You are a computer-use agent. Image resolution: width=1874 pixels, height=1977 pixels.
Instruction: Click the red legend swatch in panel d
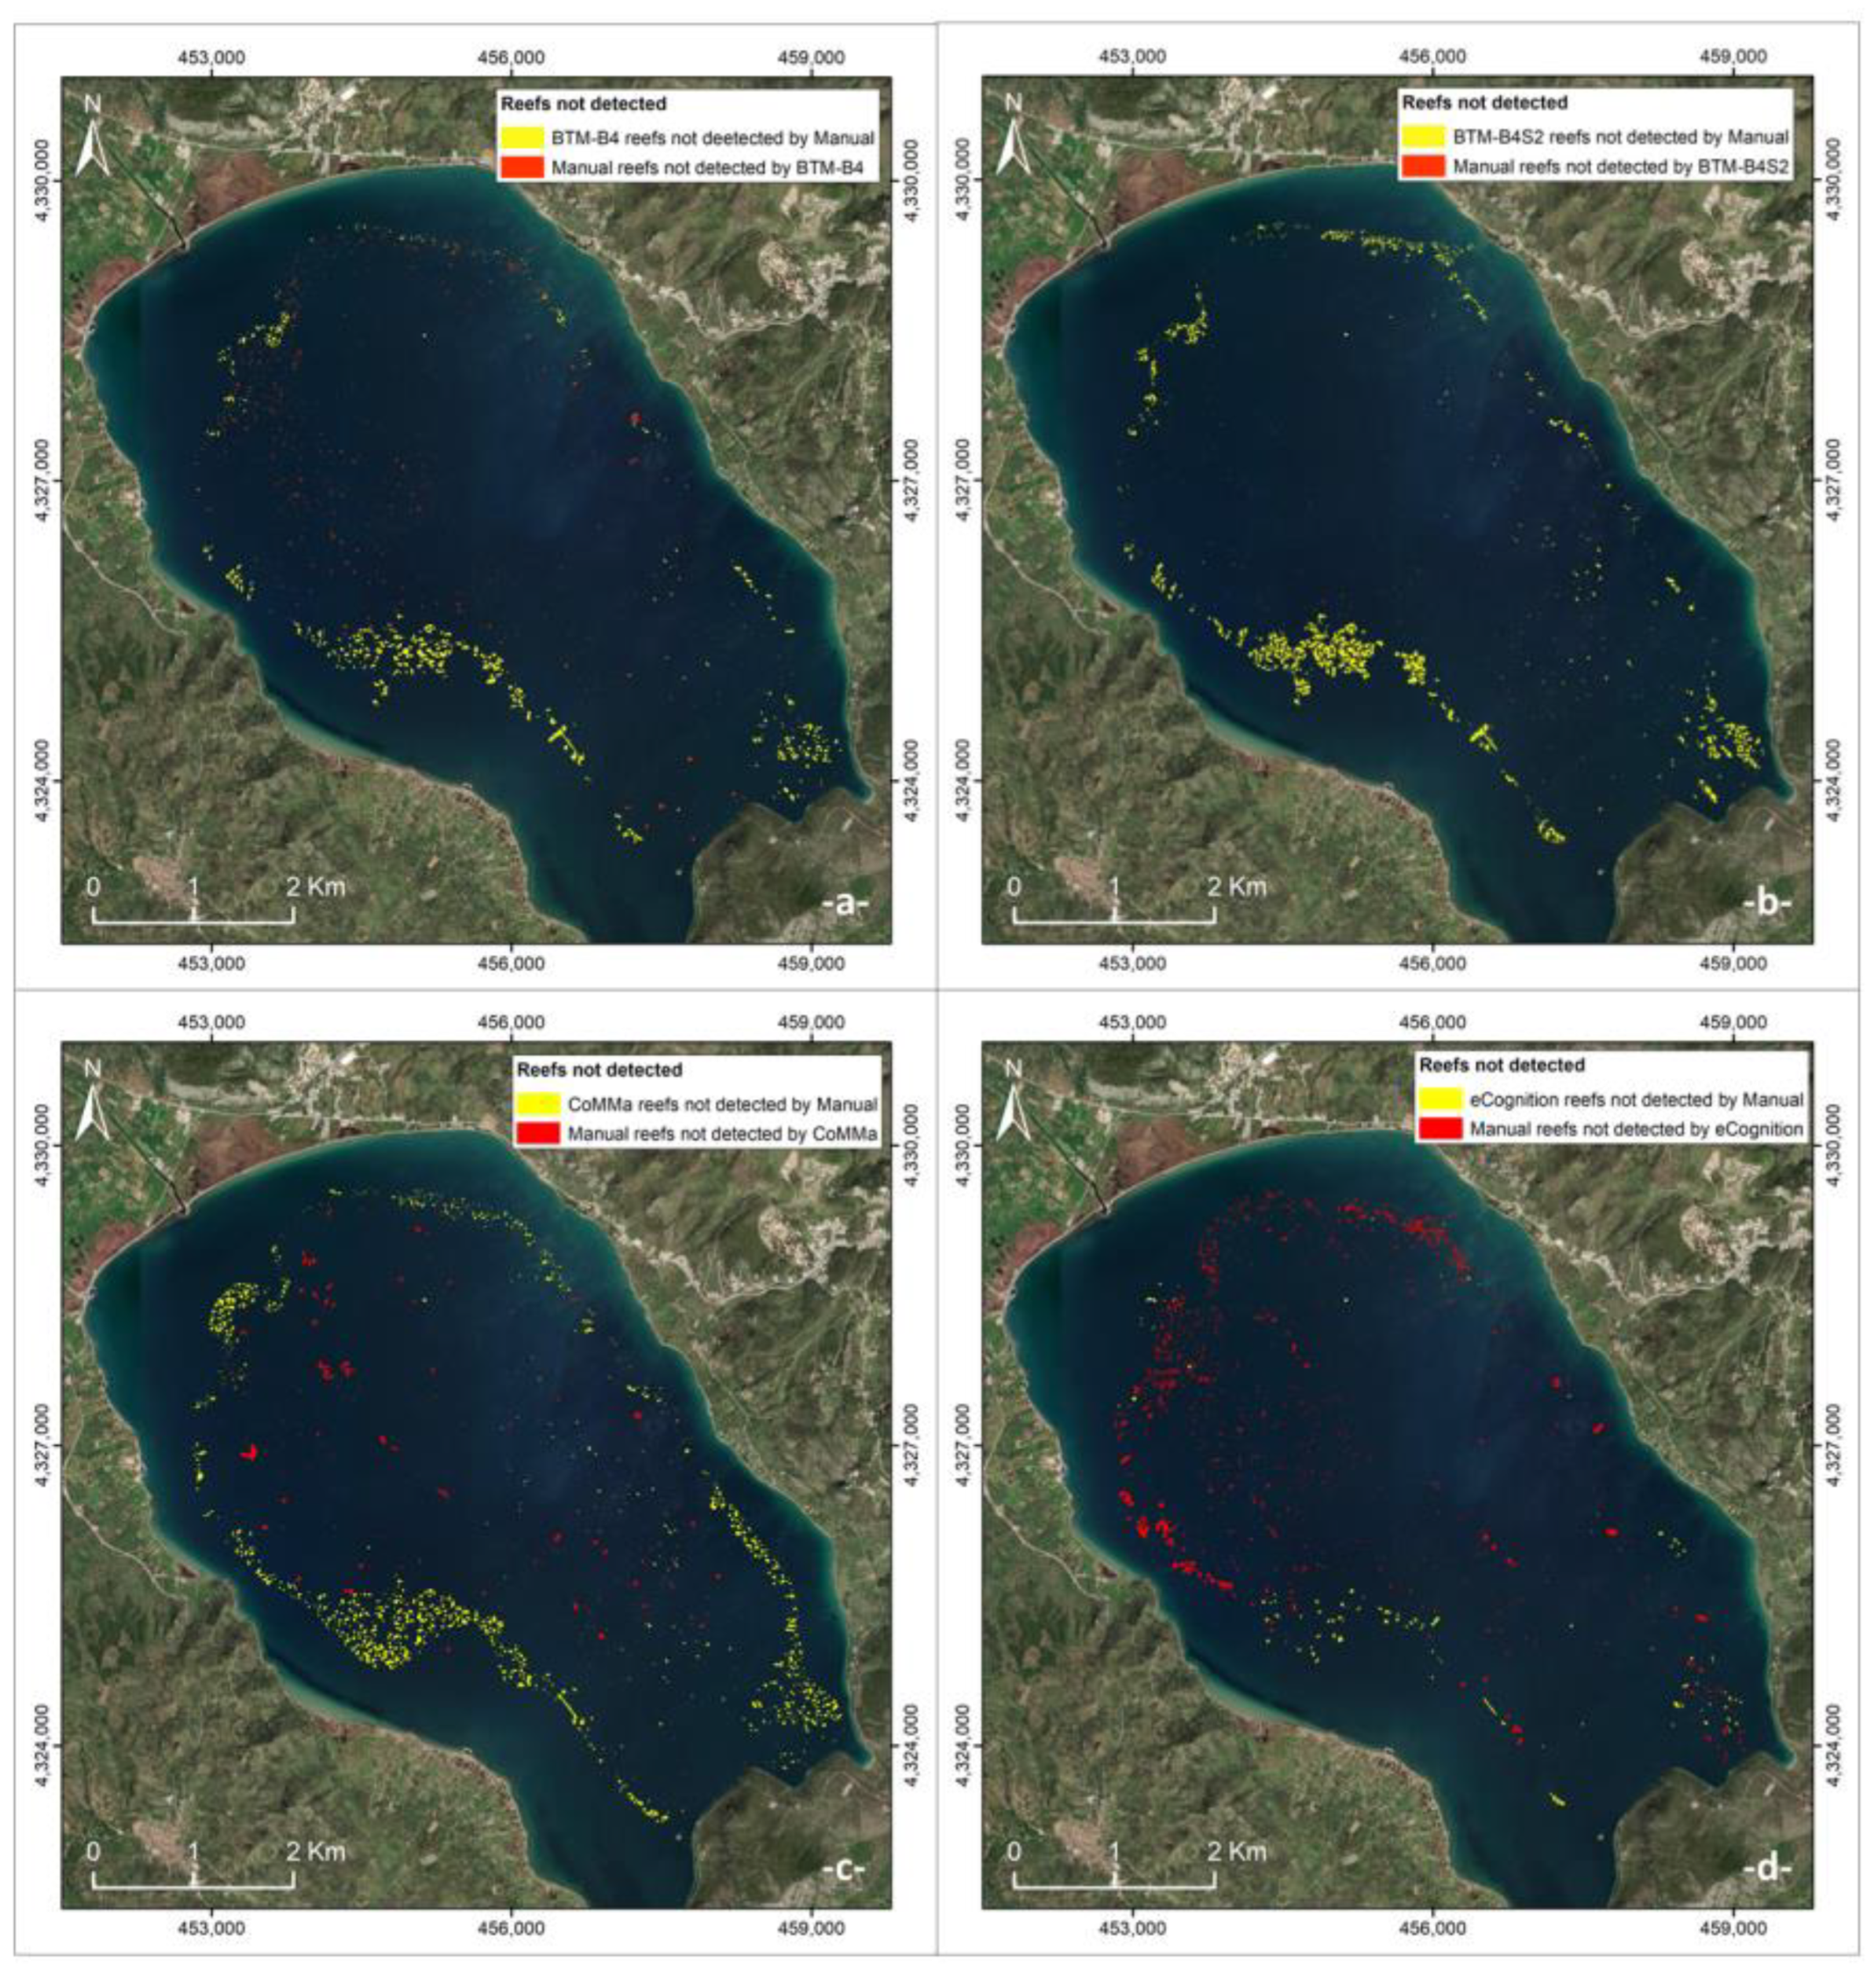(x=1440, y=1130)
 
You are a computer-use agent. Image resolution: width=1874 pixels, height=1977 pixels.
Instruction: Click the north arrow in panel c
(x=92, y=1096)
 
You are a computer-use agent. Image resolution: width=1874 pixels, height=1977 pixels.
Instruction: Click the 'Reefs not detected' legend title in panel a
(x=583, y=104)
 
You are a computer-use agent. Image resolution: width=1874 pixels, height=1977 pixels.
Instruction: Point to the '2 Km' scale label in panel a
(x=317, y=886)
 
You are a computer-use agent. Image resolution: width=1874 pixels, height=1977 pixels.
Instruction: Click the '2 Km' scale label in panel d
(x=1238, y=1851)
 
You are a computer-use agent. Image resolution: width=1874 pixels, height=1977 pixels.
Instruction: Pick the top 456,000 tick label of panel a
(x=516, y=57)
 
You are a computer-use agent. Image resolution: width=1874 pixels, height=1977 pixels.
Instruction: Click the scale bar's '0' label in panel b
(x=1014, y=886)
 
